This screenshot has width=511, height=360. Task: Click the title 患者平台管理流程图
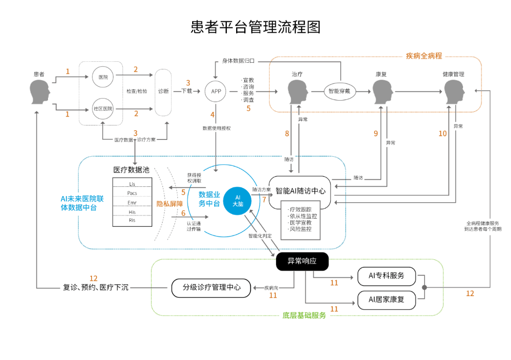coord(255,27)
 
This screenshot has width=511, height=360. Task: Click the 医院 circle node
coord(103,77)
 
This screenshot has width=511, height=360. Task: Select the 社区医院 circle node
coord(103,109)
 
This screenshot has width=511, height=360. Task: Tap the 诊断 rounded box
coord(164,92)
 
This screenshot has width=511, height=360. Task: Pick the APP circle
coord(216,92)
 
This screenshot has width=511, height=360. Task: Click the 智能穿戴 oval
coord(340,92)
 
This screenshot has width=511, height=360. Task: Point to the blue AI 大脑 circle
coord(238,200)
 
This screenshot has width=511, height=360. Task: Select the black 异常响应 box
coord(302,261)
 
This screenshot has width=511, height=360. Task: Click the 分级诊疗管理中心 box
coord(212,287)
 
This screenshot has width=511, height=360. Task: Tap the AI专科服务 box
coord(386,276)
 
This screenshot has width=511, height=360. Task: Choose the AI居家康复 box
coord(386,300)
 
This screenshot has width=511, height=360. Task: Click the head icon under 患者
coord(40,92)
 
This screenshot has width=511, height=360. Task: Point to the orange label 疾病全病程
coord(424,56)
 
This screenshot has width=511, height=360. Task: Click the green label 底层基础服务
coord(304,316)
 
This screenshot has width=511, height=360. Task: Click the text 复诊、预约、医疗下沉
coord(96,287)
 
